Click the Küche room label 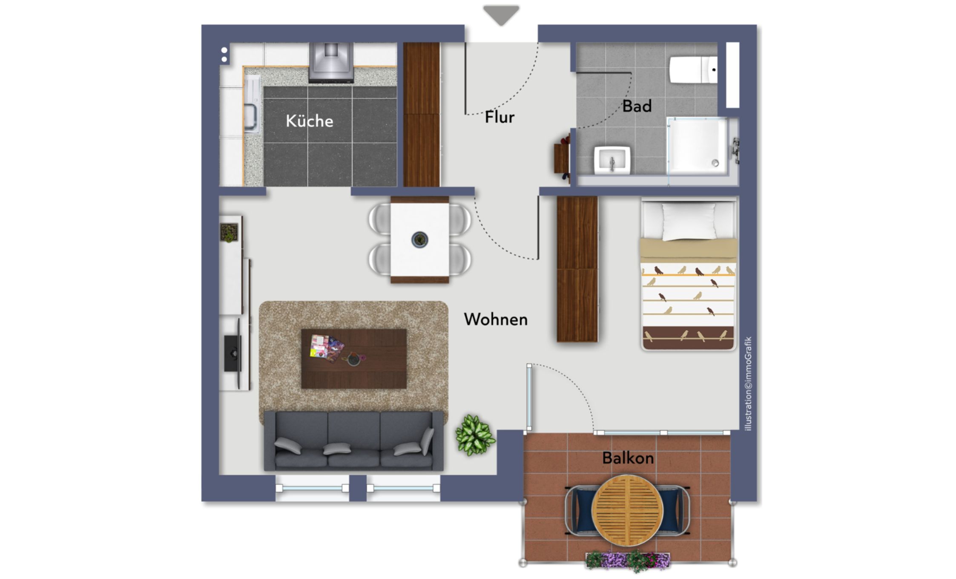310,121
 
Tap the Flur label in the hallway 500,117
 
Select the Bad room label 637,106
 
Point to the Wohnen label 496,320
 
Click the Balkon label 628,458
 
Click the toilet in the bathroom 693,69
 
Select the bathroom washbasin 612,160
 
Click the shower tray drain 715,163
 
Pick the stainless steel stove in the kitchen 331,62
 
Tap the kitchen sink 251,104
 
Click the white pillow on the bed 689,221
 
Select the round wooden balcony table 628,510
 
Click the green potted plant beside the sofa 475,435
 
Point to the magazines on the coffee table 326,347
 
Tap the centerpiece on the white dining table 419,240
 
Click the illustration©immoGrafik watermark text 748,384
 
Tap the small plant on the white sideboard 229,233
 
